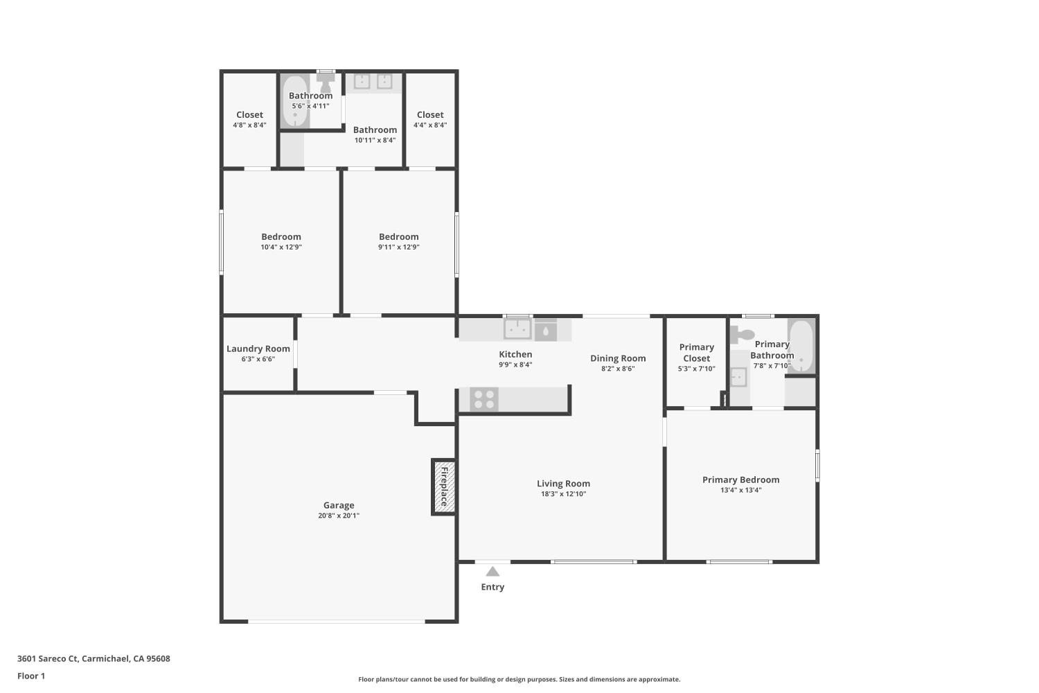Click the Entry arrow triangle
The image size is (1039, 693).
pos(492,572)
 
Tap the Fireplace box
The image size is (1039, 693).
pos(443,486)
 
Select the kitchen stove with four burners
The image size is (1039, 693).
pos(484,399)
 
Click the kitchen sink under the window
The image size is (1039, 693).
pos(517,329)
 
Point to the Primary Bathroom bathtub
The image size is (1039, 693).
pos(801,346)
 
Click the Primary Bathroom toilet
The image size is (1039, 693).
pos(741,335)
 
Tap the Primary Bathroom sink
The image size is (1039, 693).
pos(738,378)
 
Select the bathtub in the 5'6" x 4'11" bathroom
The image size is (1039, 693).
pos(295,102)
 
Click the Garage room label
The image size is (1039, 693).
pos(339,505)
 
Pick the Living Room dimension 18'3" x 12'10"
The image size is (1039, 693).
pos(563,494)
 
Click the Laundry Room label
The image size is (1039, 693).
pos(258,349)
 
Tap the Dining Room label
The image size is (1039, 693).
pos(618,358)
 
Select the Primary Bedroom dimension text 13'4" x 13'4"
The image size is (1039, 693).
pos(740,490)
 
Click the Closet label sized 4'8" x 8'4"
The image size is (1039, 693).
pos(249,115)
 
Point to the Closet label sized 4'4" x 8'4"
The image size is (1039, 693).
pos(430,115)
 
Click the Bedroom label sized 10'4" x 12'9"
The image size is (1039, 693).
pos(281,237)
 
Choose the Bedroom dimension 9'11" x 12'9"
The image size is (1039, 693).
pos(398,247)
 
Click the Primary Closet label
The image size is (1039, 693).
pos(696,353)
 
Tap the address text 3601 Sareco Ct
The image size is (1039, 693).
pos(48,658)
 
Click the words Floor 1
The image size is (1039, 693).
pos(31,676)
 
